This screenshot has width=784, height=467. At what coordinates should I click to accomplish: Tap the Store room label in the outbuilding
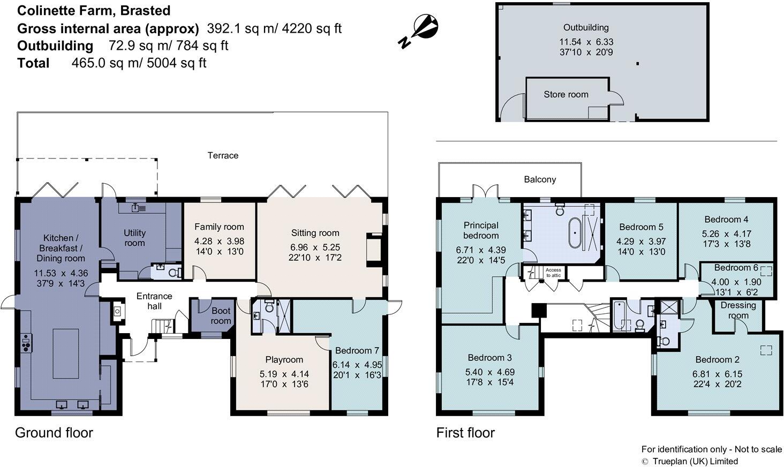click(x=566, y=94)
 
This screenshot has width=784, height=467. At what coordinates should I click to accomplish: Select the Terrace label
click(x=223, y=155)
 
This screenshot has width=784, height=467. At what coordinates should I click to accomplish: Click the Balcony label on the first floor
click(x=539, y=179)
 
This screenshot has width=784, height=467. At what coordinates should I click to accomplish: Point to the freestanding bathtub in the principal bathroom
click(x=574, y=234)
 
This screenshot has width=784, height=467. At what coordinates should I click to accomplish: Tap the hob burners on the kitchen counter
click(x=25, y=342)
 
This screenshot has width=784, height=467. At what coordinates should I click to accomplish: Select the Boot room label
click(x=221, y=315)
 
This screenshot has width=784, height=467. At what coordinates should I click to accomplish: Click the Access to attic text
click(x=553, y=272)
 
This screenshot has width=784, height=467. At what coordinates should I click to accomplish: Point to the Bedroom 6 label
click(x=736, y=267)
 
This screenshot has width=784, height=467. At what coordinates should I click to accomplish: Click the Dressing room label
click(x=738, y=310)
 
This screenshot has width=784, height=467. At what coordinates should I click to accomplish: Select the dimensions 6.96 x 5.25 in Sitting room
click(x=315, y=247)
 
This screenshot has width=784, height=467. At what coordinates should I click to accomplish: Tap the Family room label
click(x=218, y=227)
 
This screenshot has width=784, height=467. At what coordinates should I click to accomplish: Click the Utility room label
click(x=134, y=238)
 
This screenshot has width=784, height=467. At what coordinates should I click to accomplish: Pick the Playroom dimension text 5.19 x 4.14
click(x=284, y=374)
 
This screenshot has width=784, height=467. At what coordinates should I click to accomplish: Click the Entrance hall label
click(x=154, y=301)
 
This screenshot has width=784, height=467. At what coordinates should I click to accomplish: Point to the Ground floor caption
click(x=54, y=433)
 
